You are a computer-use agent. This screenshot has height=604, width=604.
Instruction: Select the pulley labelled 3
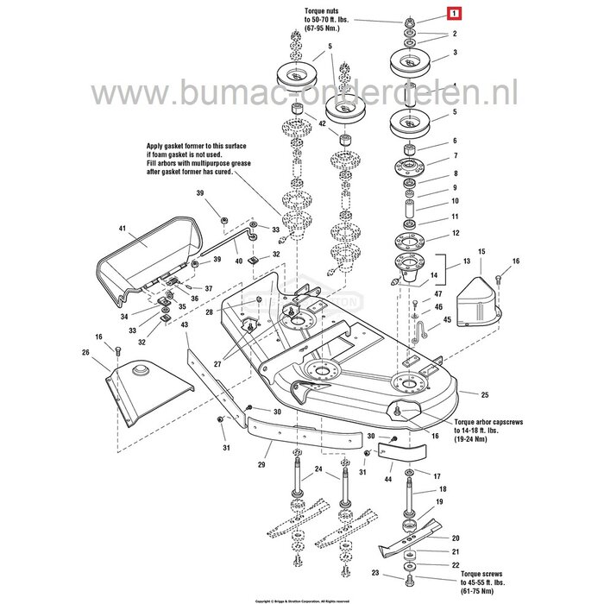pyautogui.click(x=409, y=63)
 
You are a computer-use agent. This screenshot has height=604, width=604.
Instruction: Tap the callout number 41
pyautogui.click(x=123, y=229)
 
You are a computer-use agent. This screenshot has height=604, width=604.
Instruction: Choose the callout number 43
pyautogui.click(x=184, y=324)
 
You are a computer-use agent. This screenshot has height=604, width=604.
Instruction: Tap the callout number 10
pyautogui.click(x=456, y=202)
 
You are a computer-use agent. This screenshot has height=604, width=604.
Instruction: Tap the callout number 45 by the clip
pyautogui.click(x=448, y=319)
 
